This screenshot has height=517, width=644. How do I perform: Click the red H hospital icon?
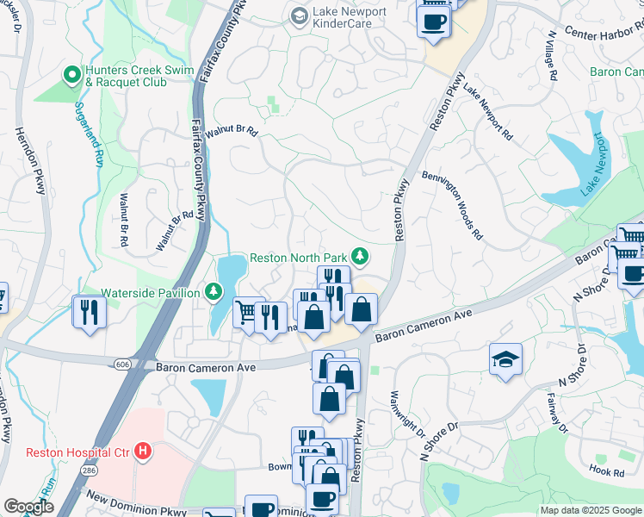click(144, 451)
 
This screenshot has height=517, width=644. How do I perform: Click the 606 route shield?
click(119, 366)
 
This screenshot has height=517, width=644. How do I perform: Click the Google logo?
click(28, 506)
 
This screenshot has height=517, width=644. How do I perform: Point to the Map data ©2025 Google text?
click(589, 510)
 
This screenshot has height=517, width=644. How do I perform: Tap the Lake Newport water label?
click(595, 164)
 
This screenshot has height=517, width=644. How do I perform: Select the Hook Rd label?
click(607, 472)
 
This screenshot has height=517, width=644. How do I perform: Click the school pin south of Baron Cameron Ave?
click(505, 360)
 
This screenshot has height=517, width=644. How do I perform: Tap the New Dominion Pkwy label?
click(138, 504)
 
